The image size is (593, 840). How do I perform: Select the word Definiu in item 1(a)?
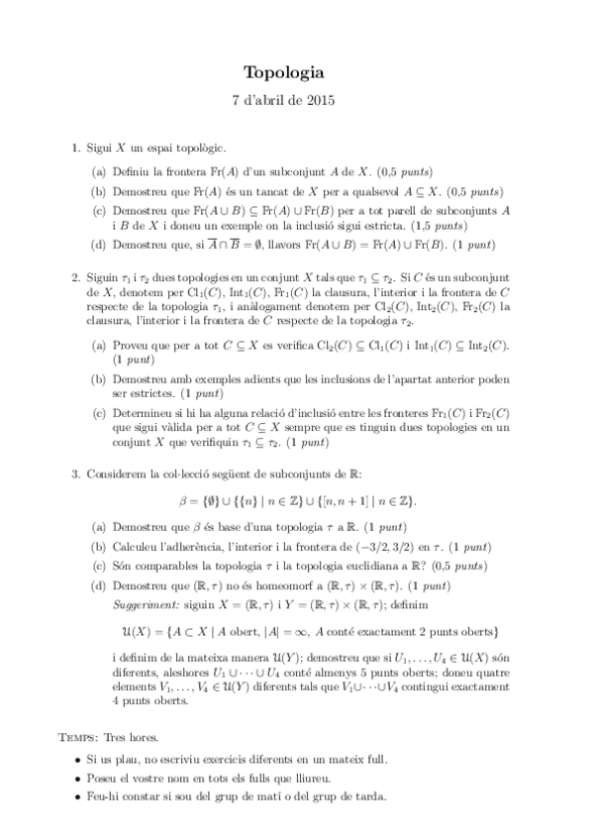pyautogui.click(x=131, y=170)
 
